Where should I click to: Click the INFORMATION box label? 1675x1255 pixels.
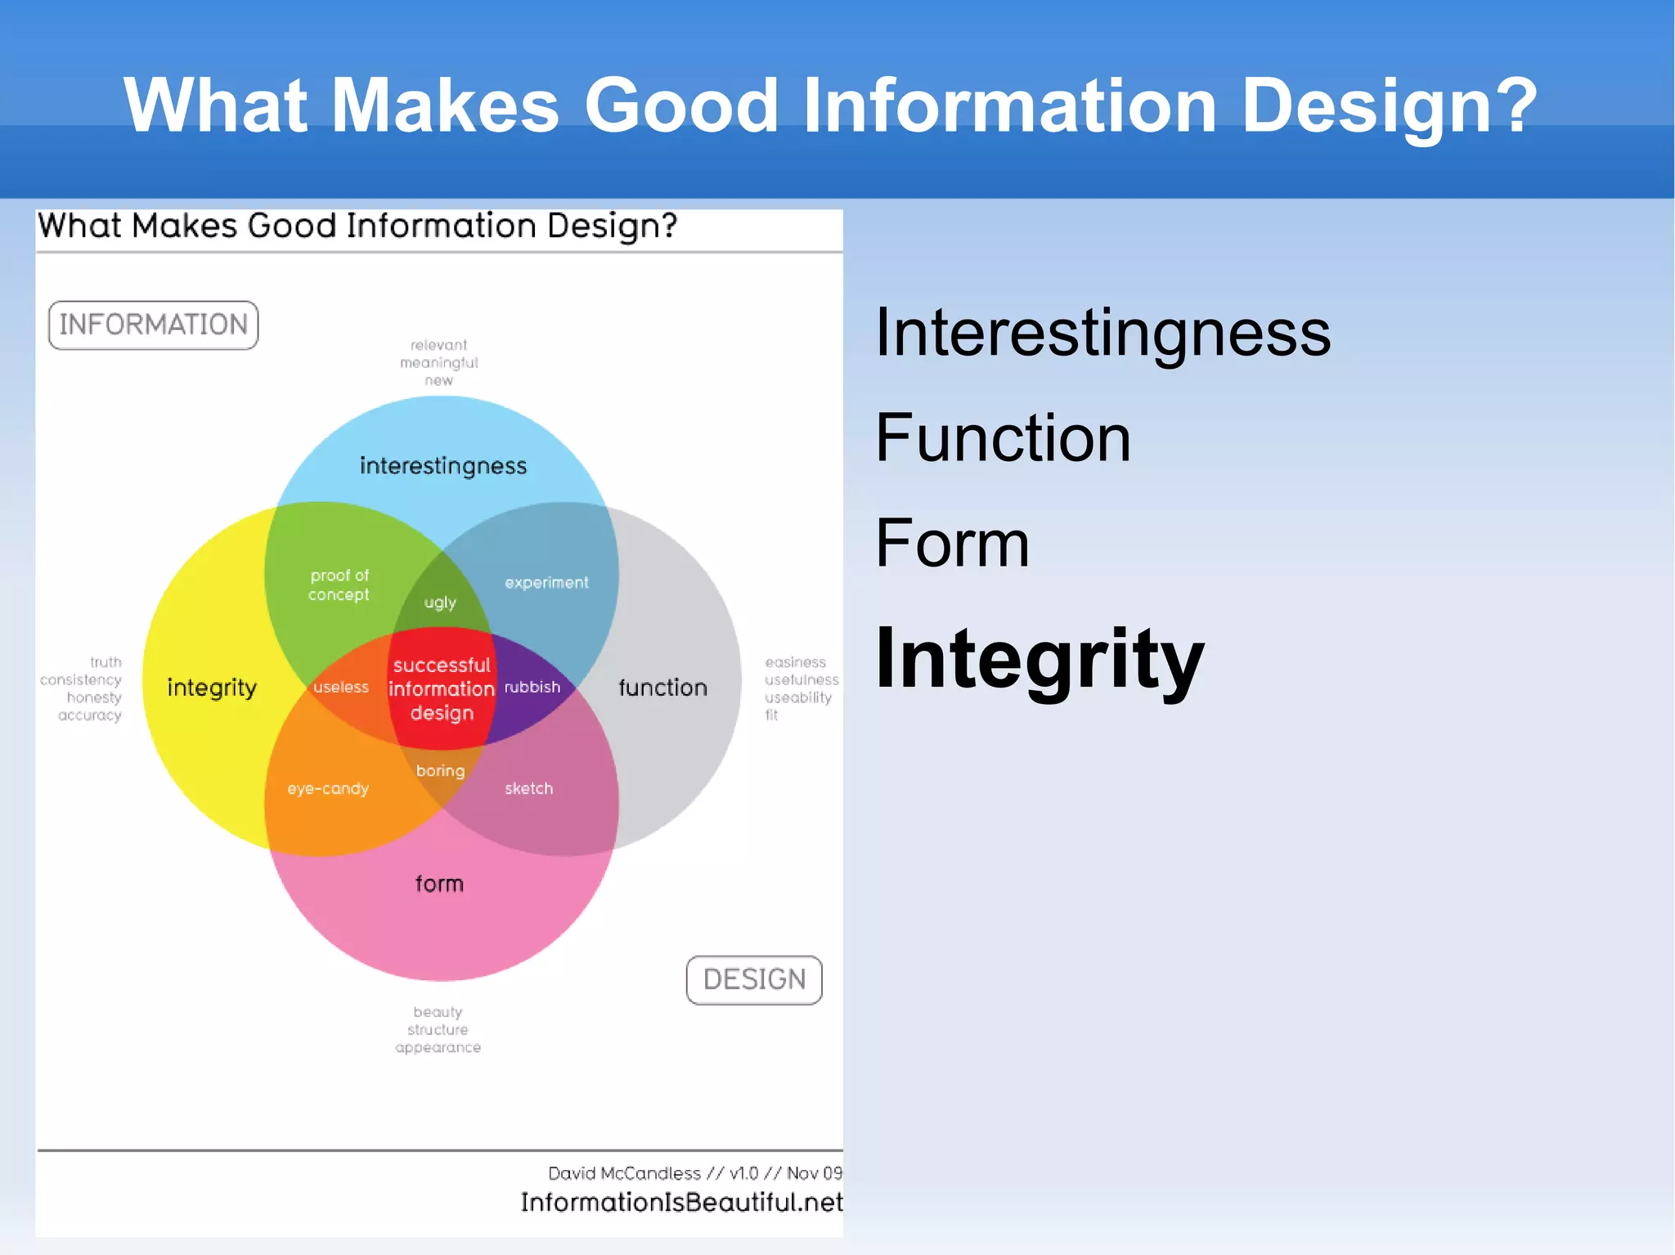pyautogui.click(x=153, y=325)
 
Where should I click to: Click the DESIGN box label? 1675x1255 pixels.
pyautogui.click(x=754, y=979)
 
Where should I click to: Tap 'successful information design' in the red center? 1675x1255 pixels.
pyautogui.click(x=442, y=689)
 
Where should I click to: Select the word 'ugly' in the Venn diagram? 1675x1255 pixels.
pyautogui.click(x=440, y=603)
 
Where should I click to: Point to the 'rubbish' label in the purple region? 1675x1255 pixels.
pyautogui.click(x=532, y=688)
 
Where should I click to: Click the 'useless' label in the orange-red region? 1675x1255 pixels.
pyautogui.click(x=341, y=688)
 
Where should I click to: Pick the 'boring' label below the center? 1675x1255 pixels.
pyautogui.click(x=440, y=771)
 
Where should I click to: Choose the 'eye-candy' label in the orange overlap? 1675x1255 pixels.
pyautogui.click(x=328, y=789)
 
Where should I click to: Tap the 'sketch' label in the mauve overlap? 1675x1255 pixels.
pyautogui.click(x=528, y=789)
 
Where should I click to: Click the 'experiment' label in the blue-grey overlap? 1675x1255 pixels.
pyautogui.click(x=546, y=583)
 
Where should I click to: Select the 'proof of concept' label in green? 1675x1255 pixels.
pyautogui.click(x=339, y=585)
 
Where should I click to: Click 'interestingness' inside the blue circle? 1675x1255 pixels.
pyautogui.click(x=443, y=466)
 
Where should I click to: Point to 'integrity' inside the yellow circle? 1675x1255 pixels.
pyautogui.click(x=212, y=688)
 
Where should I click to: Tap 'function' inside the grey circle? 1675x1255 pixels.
pyautogui.click(x=662, y=688)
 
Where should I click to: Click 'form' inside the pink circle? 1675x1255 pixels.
pyautogui.click(x=439, y=884)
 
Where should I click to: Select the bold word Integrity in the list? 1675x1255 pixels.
pyautogui.click(x=1040, y=659)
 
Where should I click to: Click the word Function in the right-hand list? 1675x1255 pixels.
pyautogui.click(x=1003, y=438)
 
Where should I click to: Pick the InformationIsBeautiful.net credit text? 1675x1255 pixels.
pyautogui.click(x=681, y=1202)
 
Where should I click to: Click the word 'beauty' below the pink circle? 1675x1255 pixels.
pyautogui.click(x=438, y=1012)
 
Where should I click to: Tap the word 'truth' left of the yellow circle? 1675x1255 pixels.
pyautogui.click(x=106, y=662)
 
